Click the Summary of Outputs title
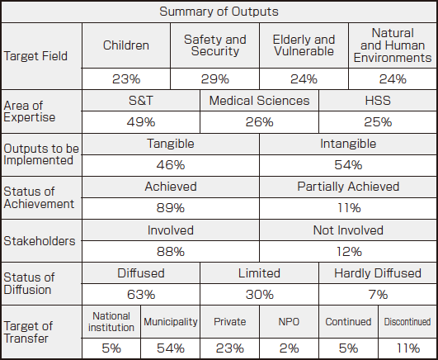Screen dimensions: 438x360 pyautogui.click(x=219, y=12)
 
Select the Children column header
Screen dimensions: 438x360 pyautogui.click(x=126, y=45)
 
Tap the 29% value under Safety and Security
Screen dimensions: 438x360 pyautogui.click(x=214, y=79)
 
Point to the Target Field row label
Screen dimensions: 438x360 pyautogui.click(x=35, y=56)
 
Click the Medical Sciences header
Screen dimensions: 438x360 pyautogui.click(x=259, y=101)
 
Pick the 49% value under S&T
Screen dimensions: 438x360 pyautogui.click(x=141, y=122)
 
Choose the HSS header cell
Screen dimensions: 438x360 pyautogui.click(x=378, y=101)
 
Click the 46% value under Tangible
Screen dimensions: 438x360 pyautogui.click(x=171, y=165)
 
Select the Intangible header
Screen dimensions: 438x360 pyautogui.click(x=348, y=144)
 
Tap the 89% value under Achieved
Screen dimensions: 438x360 pyautogui.click(x=171, y=208)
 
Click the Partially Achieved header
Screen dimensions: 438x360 pyautogui.click(x=348, y=187)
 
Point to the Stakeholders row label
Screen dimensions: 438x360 pyautogui.click(x=40, y=241)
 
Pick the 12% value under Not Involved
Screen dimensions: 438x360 pyautogui.click(x=349, y=252)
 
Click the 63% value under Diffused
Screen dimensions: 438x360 pyautogui.click(x=141, y=295)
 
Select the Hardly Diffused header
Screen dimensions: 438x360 pyautogui.click(x=378, y=273)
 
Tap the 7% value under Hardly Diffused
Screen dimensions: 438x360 pyautogui.click(x=378, y=295)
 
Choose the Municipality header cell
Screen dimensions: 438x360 pyautogui.click(x=171, y=322)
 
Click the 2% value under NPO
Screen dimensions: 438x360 pyautogui.click(x=289, y=348)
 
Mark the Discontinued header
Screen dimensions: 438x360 pyautogui.click(x=407, y=322)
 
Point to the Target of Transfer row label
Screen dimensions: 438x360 pyautogui.click(x=28, y=332)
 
